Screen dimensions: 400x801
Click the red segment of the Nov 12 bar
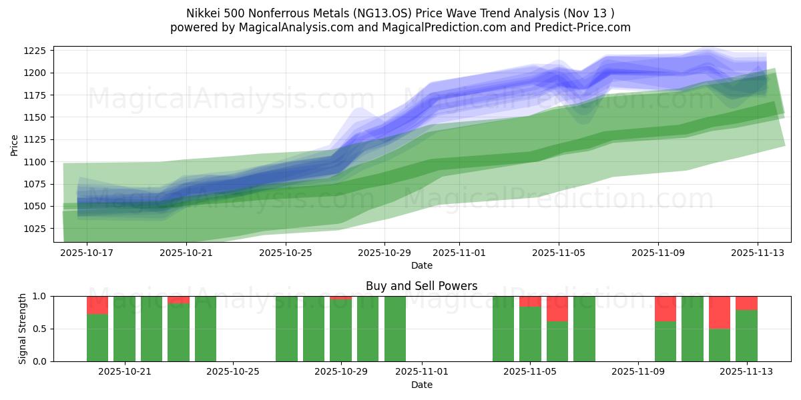pyautogui.click(x=719, y=312)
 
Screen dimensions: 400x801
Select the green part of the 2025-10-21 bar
pyautogui.click(x=124, y=329)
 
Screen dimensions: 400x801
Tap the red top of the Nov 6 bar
pyautogui.click(x=557, y=309)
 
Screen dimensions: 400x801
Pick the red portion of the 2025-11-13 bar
pyautogui.click(x=746, y=303)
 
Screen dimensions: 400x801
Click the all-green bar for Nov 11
pyautogui.click(x=692, y=329)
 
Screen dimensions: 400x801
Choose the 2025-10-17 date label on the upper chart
pyautogui.click(x=87, y=253)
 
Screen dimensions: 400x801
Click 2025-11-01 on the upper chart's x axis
pyautogui.click(x=459, y=253)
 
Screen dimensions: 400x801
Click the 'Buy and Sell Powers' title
pyautogui.click(x=421, y=286)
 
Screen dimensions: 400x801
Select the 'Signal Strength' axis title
pyautogui.click(x=23, y=329)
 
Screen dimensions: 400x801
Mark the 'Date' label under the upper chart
pyautogui.click(x=421, y=265)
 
